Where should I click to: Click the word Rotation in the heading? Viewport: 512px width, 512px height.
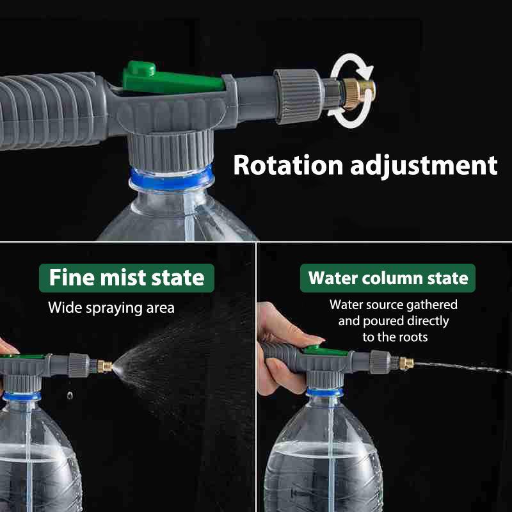(x=288, y=165)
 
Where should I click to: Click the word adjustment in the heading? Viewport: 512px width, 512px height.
(x=424, y=166)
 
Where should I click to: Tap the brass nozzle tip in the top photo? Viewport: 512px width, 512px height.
(x=359, y=93)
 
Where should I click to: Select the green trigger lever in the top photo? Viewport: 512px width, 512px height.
(x=172, y=78)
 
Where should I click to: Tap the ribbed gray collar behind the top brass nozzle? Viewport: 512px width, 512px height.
(x=297, y=97)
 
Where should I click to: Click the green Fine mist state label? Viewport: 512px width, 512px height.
(x=127, y=278)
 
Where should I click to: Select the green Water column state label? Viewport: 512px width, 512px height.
(x=388, y=278)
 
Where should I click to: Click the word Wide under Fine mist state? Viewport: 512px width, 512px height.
(x=65, y=308)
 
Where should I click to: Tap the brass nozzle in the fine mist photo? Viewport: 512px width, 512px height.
(x=105, y=366)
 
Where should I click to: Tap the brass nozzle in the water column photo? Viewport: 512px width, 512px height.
(x=406, y=364)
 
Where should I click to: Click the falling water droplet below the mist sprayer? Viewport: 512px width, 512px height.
(x=70, y=396)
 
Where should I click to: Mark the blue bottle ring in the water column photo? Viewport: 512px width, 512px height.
(x=324, y=392)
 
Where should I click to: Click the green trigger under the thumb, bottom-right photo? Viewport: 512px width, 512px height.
(x=325, y=351)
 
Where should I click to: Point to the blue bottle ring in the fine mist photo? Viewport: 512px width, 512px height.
(x=22, y=396)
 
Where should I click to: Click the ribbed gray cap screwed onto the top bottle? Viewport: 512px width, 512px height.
(x=171, y=150)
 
